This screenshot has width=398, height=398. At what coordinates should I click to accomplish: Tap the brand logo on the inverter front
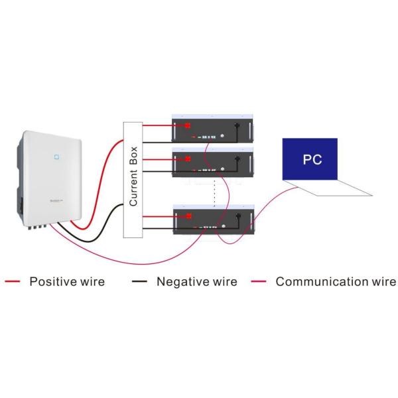54,199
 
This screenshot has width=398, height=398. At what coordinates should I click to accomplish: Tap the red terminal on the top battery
188,125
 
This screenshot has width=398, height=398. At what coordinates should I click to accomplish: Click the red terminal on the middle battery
188,159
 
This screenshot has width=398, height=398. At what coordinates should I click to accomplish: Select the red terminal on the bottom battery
188,216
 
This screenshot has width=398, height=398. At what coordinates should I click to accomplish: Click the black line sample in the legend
140,282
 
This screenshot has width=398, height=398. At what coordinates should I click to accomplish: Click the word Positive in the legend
53,282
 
